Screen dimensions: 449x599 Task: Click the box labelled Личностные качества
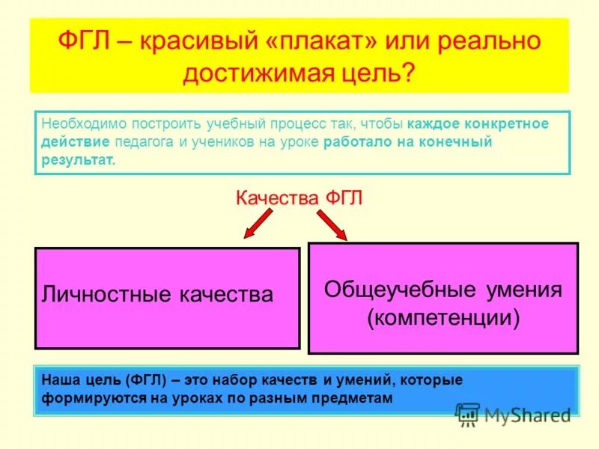click(x=166, y=297)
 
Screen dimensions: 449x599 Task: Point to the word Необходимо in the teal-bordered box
click(x=78, y=123)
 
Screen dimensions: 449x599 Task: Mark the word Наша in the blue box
click(x=59, y=380)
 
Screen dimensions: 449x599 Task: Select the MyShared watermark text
click(x=527, y=414)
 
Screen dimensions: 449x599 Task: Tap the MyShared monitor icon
click(x=467, y=414)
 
